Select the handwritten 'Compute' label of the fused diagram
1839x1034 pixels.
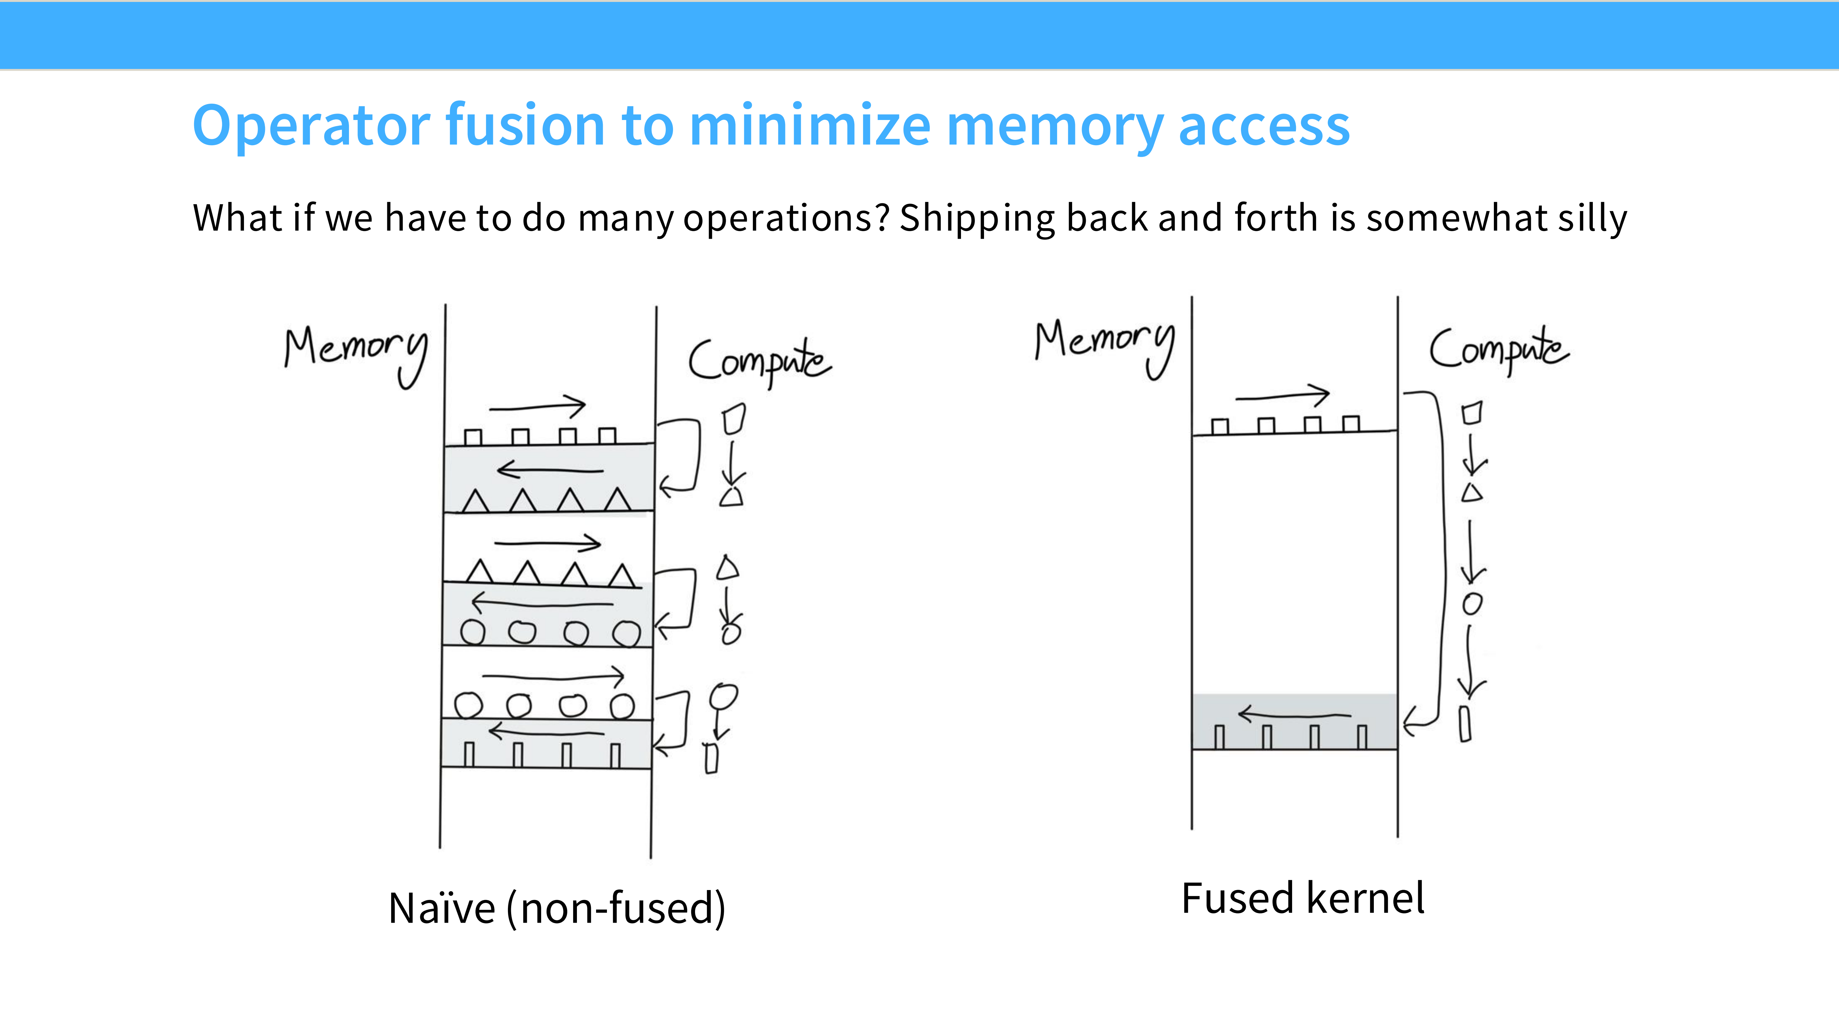(x=1498, y=350)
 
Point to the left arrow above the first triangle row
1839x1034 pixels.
(x=550, y=469)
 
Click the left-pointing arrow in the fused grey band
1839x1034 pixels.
(x=1294, y=714)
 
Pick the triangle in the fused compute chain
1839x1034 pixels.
(x=1471, y=492)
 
